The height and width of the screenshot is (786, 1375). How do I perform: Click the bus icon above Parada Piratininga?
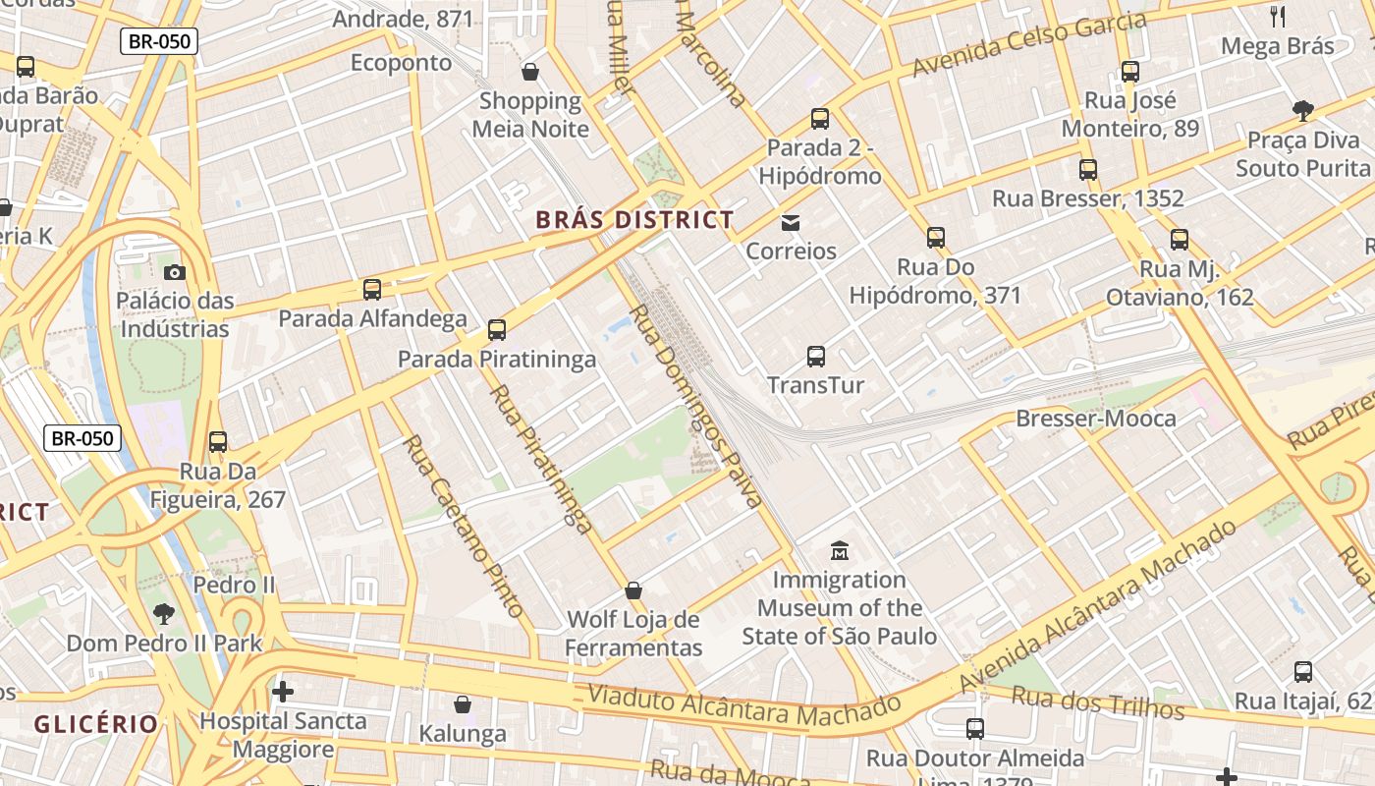point(497,330)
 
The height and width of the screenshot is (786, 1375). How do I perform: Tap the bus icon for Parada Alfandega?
point(371,290)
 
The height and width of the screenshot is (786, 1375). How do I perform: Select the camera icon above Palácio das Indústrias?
point(175,272)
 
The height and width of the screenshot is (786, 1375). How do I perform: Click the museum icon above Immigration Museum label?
point(839,550)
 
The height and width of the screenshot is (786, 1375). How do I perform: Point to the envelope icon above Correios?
point(791,223)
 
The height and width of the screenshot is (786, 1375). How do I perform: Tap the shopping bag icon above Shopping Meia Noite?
point(530,72)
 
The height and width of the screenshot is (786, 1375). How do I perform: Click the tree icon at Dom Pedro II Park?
point(164,615)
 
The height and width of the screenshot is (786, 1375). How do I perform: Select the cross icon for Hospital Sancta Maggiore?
point(283,692)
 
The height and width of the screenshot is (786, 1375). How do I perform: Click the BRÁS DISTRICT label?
point(634,220)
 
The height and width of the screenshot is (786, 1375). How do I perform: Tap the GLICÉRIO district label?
point(95,725)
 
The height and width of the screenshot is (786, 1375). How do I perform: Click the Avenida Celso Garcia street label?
point(1029,45)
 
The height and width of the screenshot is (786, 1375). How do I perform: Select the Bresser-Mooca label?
point(1095,419)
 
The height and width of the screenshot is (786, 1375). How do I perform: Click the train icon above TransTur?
point(815,357)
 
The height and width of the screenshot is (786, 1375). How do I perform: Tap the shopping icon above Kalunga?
point(463,704)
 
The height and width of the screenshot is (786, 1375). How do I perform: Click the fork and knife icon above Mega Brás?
point(1277,16)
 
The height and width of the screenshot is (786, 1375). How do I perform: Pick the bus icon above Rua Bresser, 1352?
point(1087,170)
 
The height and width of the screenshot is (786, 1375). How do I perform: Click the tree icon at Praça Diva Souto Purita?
point(1303,111)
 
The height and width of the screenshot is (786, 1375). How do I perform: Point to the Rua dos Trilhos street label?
point(1098,702)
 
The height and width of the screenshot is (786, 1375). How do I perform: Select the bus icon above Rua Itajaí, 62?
point(1302,672)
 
